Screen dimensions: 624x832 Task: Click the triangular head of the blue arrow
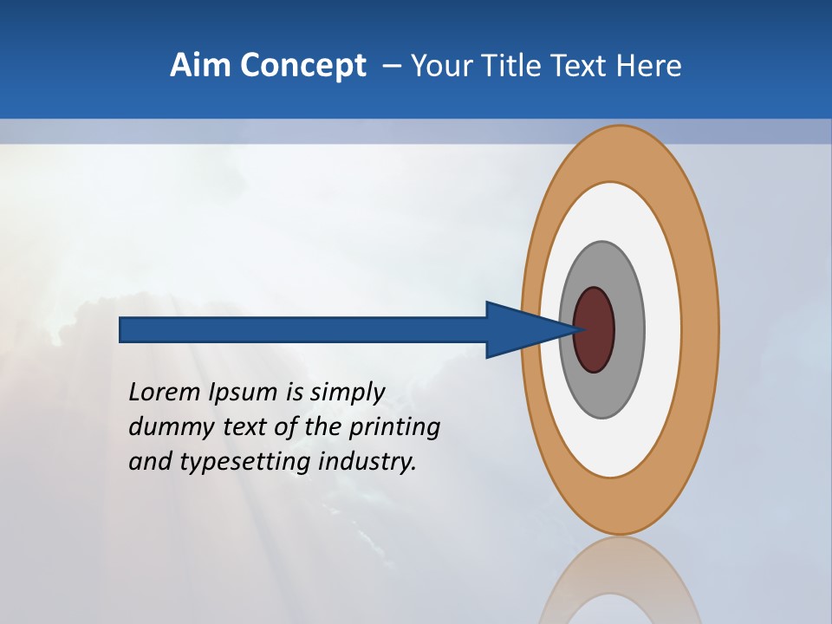pos(520,329)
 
